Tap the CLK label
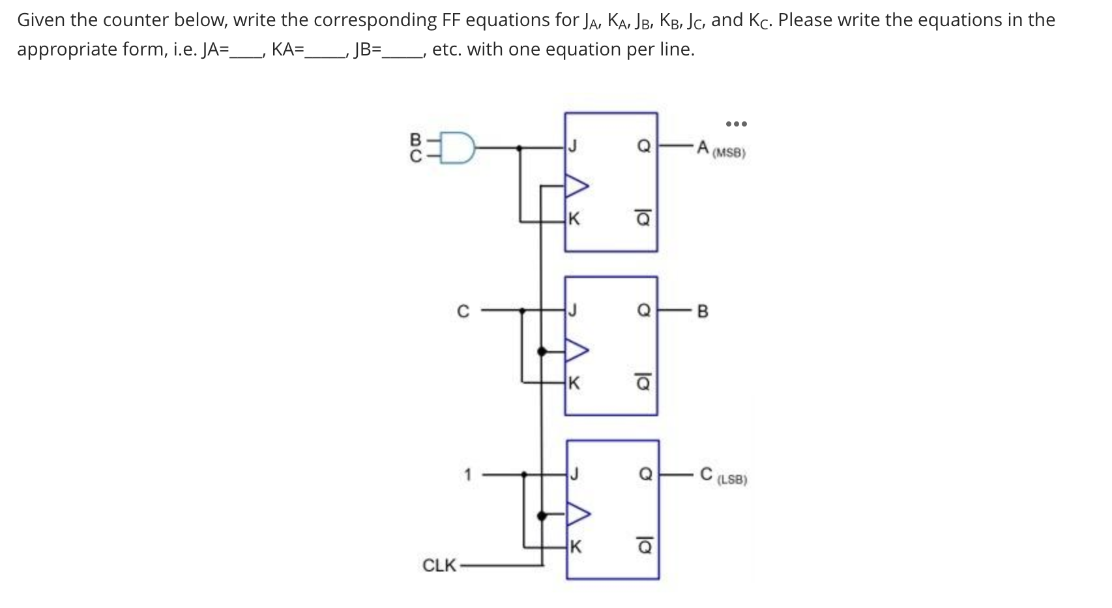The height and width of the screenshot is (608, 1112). [439, 565]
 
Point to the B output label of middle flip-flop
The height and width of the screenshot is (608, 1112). [703, 311]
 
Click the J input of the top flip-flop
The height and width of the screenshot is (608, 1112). [572, 147]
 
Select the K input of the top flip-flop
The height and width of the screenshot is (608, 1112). [573, 219]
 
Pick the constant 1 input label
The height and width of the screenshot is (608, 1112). [467, 474]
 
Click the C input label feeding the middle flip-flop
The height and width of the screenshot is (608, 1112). [463, 311]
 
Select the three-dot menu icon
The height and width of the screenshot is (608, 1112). [736, 123]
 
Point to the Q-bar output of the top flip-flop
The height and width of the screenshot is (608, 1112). [643, 219]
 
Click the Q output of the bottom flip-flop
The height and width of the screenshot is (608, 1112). [645, 474]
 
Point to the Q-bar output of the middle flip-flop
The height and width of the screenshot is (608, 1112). [643, 383]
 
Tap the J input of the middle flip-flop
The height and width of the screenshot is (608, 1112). [572, 311]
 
